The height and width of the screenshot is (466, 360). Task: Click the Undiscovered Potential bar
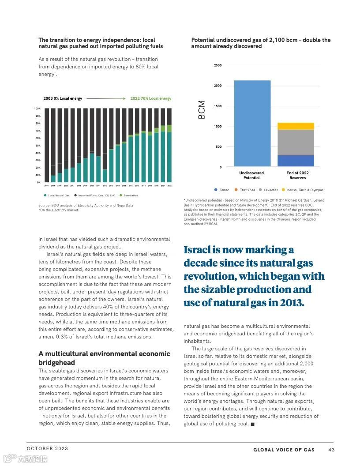coord(252,123)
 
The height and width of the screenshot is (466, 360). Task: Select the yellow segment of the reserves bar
coord(296,126)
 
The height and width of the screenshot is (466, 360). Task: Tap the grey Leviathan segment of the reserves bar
coord(296,142)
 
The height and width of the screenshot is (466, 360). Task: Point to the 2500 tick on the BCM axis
coord(218,66)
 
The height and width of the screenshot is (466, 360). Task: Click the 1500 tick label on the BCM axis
coord(218,106)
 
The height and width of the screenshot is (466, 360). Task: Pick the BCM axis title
coord(202,110)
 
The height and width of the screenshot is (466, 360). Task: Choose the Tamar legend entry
coord(222,190)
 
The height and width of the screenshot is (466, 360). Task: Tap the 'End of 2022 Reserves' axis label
coord(297,175)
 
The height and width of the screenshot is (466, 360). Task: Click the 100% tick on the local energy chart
coord(37,109)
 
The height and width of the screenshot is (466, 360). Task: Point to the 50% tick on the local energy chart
coord(38,146)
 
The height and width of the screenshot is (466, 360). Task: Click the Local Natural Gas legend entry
coord(57,195)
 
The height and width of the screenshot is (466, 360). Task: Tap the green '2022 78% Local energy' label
coord(151,98)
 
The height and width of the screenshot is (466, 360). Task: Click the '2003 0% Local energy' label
coord(63,98)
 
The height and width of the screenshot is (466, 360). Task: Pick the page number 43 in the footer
coord(331,450)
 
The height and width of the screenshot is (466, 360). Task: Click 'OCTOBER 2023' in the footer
coord(48,448)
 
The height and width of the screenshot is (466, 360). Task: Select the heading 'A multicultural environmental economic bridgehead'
coord(104,358)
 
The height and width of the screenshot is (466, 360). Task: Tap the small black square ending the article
coord(252,424)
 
